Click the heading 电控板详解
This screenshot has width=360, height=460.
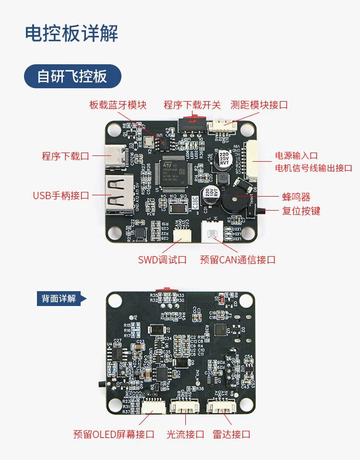72,34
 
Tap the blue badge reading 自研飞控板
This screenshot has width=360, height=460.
72,76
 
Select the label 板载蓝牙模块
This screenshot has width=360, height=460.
118,105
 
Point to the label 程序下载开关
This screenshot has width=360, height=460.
192,105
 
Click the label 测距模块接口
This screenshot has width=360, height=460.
259,105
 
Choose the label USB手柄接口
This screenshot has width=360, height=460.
61,195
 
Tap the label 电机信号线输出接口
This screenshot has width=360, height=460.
313,168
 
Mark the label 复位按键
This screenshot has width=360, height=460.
301,211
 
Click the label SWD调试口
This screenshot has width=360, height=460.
162,260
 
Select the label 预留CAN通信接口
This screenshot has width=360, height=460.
238,260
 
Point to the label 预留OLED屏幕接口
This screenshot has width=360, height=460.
114,435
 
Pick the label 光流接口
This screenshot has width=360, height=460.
185,435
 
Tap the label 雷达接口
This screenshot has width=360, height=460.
231,435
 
